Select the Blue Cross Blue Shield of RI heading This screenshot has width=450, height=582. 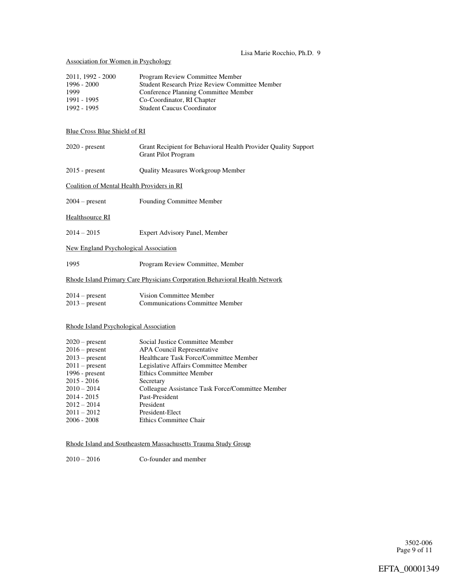click(x=105, y=131)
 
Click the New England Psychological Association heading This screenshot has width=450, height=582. click(x=121, y=249)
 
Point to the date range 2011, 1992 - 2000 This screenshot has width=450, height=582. click(x=90, y=77)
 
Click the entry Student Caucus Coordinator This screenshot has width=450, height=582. click(x=178, y=108)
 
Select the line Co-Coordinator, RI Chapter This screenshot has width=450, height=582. click(x=178, y=100)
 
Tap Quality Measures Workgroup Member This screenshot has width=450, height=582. click(x=192, y=171)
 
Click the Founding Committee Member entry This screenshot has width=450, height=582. click(x=180, y=202)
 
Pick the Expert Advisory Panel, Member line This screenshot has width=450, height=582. click(x=183, y=233)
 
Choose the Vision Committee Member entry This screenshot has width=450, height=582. click(x=176, y=296)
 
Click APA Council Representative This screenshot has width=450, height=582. click(x=178, y=350)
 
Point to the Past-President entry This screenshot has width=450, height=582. click(x=158, y=397)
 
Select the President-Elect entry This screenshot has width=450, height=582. click(x=160, y=412)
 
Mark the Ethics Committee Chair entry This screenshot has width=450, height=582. click(x=172, y=421)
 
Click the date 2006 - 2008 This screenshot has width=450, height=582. click(x=82, y=421)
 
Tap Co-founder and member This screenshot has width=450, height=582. click(x=173, y=459)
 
